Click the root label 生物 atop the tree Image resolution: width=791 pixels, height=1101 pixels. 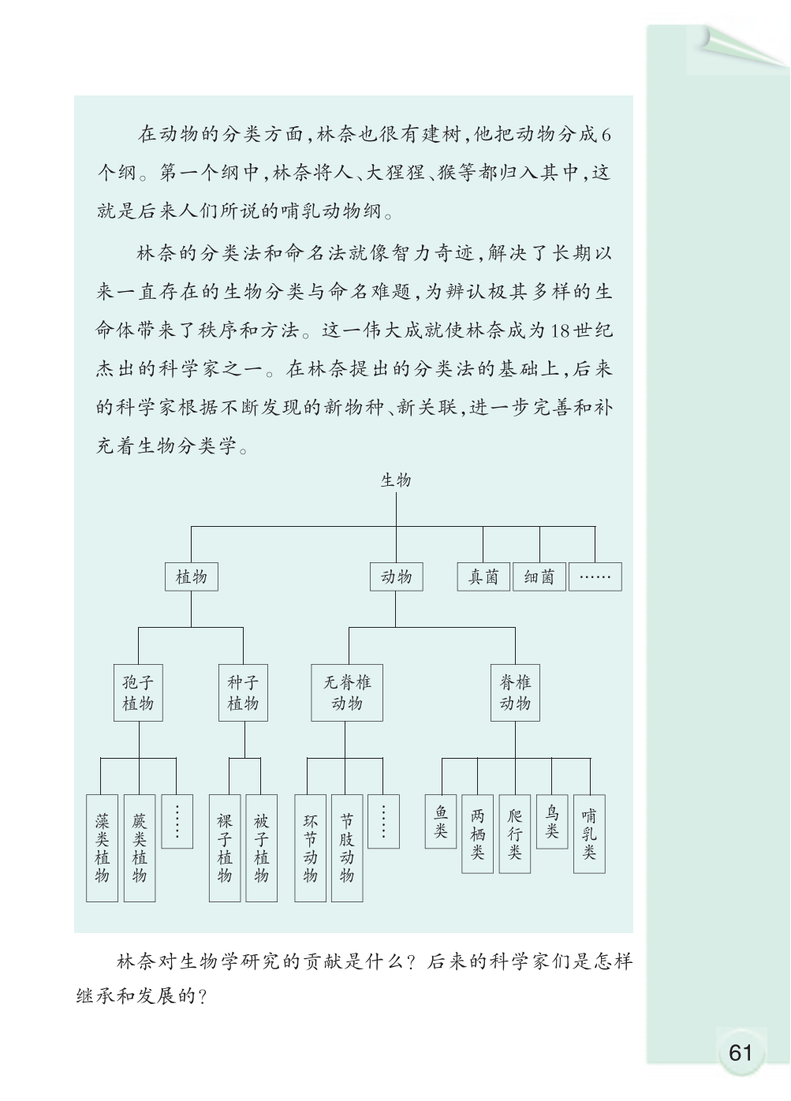click(395, 480)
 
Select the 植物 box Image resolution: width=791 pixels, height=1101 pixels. click(191, 577)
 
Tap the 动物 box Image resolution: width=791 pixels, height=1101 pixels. click(396, 577)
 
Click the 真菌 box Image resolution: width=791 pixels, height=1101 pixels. click(483, 577)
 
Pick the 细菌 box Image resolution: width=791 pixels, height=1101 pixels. click(539, 577)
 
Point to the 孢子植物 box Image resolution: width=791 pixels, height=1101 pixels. click(138, 692)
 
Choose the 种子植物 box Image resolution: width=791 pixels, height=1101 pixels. click(243, 692)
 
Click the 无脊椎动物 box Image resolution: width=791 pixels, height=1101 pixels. click(346, 692)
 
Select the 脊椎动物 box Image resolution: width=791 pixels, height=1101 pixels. click(515, 692)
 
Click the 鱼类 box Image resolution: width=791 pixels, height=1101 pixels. click(441, 821)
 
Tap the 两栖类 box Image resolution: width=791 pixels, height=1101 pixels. click(477, 834)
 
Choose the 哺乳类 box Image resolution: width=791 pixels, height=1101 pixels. click(589, 834)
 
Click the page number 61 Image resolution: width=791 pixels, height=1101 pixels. click(741, 1052)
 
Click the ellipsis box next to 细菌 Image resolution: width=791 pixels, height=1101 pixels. click(595, 577)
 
